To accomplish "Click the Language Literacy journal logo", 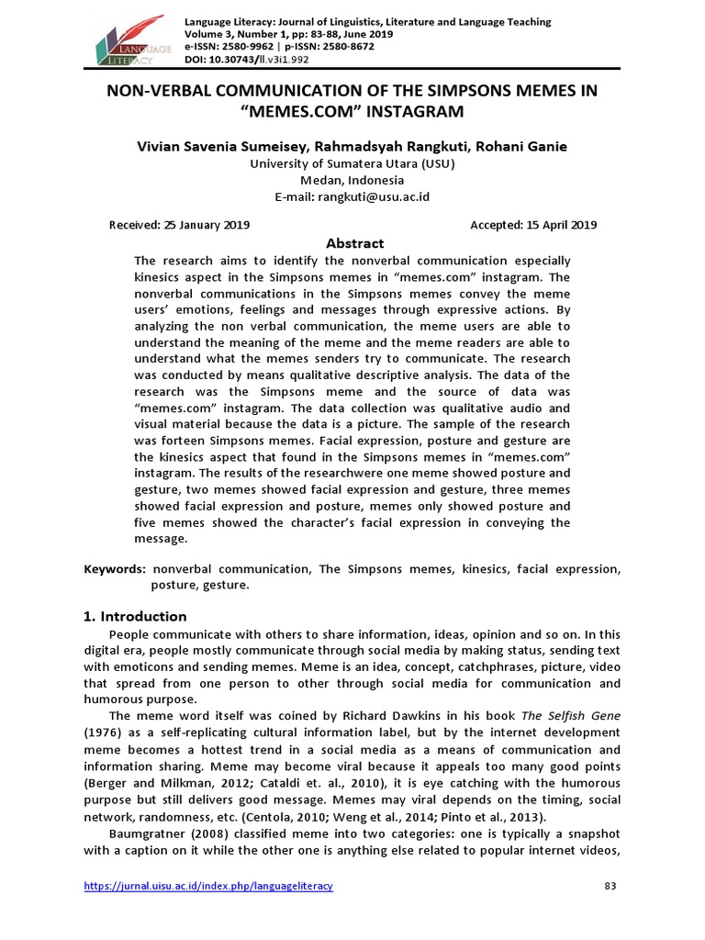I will pyautogui.click(x=132, y=40).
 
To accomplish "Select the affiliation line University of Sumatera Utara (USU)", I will pyautogui.click(x=353, y=163).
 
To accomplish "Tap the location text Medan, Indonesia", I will pyautogui.click(x=353, y=180).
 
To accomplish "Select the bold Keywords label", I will pyautogui.click(x=116, y=569).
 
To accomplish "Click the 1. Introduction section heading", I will pyautogui.click(x=136, y=616).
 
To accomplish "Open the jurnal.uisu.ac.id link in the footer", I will pyautogui.click(x=209, y=886).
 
